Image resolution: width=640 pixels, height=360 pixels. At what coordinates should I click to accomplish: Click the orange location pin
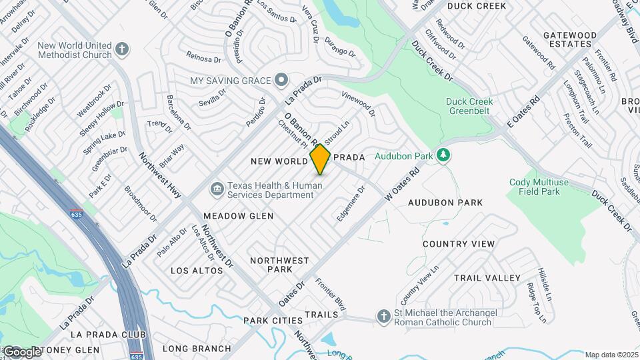click(320, 159)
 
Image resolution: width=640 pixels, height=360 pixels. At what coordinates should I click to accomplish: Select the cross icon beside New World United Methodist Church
click(121, 49)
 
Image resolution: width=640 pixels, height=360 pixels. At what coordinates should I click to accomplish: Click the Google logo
click(22, 351)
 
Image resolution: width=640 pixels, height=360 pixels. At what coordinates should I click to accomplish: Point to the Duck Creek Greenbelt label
click(469, 106)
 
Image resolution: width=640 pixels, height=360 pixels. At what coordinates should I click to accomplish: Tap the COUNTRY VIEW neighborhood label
click(459, 244)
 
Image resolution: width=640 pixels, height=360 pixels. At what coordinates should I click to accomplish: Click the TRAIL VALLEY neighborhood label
click(487, 277)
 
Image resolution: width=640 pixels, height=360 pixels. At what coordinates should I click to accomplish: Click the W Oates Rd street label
click(404, 182)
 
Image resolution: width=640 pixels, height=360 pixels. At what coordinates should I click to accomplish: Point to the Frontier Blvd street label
click(331, 295)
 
